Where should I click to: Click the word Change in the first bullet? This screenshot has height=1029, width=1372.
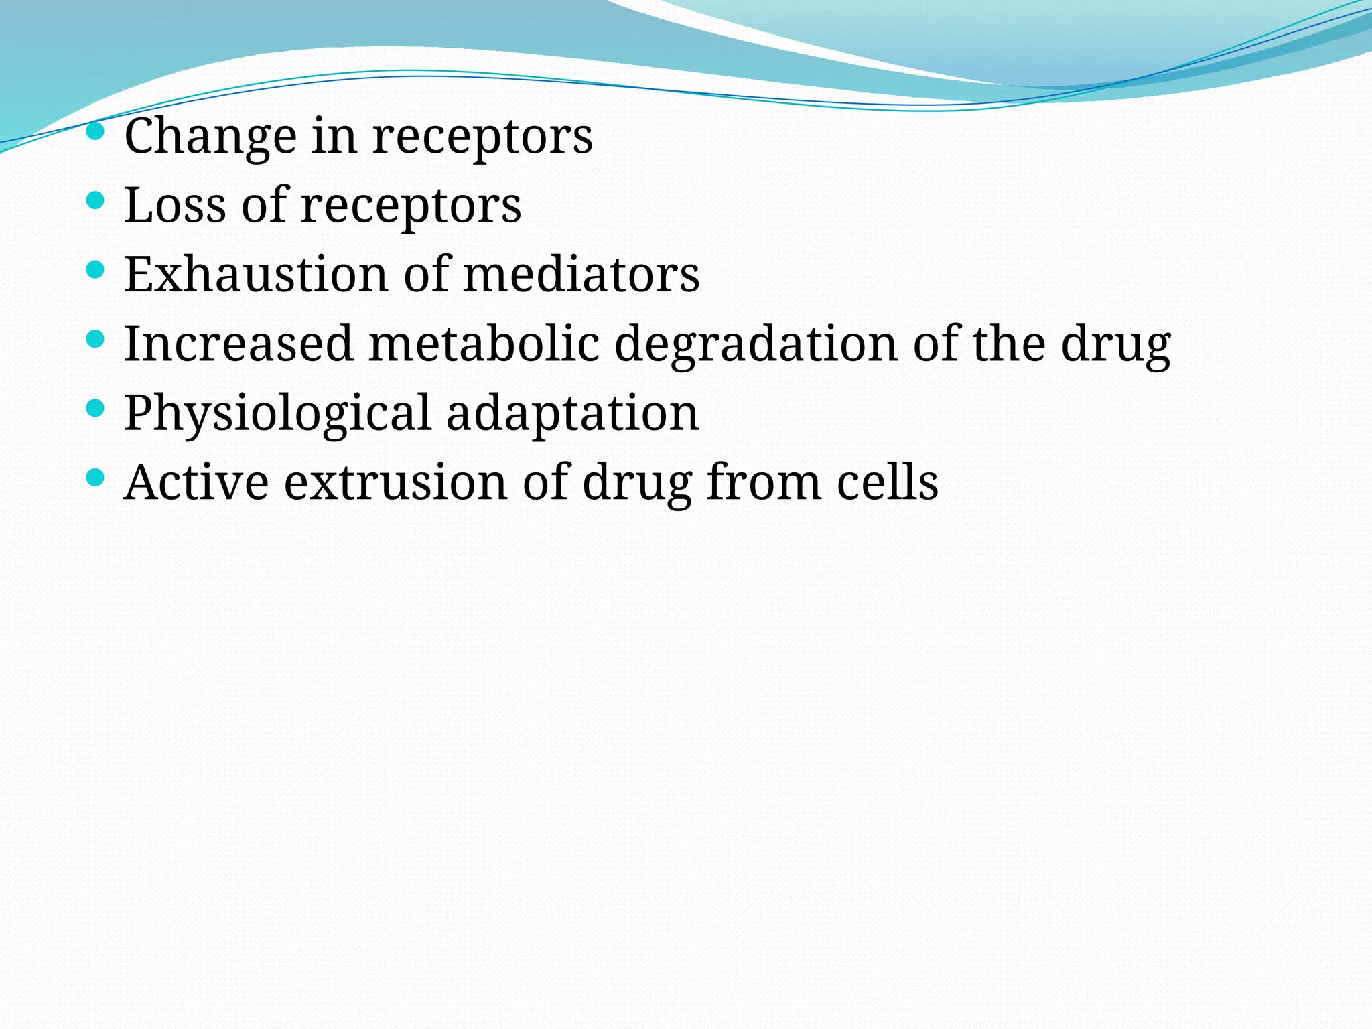pos(210,137)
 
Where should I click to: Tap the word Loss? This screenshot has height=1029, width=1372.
pos(175,205)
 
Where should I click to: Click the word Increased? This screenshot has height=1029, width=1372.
pos(238,344)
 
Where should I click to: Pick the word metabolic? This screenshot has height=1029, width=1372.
pos(484,344)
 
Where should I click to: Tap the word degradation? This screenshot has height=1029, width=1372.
pos(756,345)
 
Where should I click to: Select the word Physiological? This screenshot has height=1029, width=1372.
pos(277,414)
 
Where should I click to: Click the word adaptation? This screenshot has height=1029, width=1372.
pos(573,414)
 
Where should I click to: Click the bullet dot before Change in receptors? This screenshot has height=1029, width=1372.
pos(96,130)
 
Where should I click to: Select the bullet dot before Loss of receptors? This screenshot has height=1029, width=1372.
pos(96,200)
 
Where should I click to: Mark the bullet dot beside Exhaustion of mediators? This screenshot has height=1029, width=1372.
pos(96,269)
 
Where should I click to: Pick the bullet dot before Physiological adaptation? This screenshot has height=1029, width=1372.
pos(96,407)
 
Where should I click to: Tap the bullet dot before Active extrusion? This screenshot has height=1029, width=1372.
pos(96,476)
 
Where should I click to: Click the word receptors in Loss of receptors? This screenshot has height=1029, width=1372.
pos(411,206)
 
